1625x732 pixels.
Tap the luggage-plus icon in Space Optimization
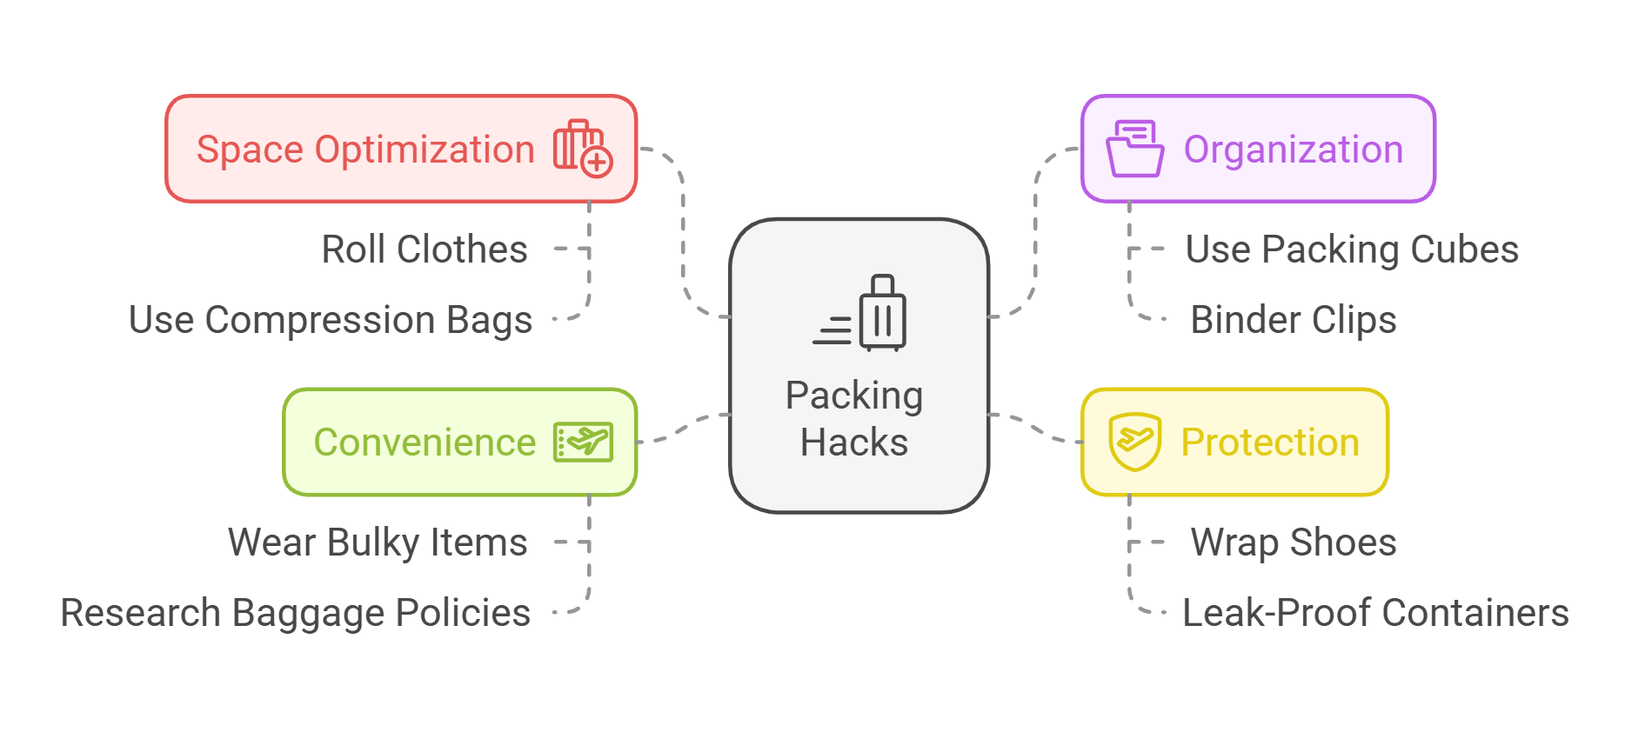(583, 149)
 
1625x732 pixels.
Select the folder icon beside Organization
(1134, 149)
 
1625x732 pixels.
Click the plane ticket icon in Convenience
(583, 442)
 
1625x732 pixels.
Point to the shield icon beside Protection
(1134, 442)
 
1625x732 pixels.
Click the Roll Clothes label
(425, 250)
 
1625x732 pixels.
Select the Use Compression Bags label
(331, 320)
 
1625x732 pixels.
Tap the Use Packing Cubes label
(1352, 250)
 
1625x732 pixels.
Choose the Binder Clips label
(1293, 320)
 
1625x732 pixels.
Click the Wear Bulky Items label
(378, 542)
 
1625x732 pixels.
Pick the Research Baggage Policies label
(295, 613)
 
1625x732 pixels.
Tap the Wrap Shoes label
(1293, 542)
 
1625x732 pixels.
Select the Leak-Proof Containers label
(1374, 613)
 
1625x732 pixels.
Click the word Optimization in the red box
(425, 150)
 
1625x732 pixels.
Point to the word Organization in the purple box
(1293, 150)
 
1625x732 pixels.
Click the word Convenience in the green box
(425, 443)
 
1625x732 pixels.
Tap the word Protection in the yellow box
(1269, 443)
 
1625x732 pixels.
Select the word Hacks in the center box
(853, 443)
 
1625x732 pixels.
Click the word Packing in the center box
(853, 396)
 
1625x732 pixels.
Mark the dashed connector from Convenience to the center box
(684, 427)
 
